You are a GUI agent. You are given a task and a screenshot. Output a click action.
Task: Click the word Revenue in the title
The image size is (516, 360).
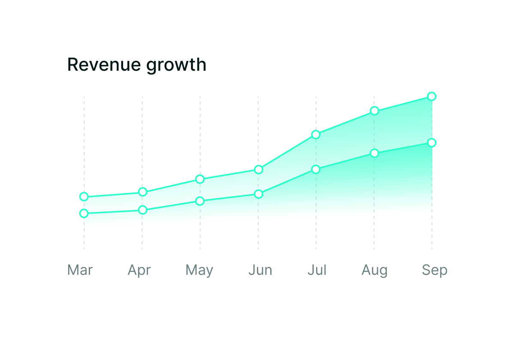click(x=104, y=65)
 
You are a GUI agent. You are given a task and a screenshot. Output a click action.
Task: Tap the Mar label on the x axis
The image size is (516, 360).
click(x=80, y=270)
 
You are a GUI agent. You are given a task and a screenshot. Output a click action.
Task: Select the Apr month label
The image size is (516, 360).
click(x=139, y=270)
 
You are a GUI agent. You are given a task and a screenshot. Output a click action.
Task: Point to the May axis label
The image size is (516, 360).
click(x=199, y=270)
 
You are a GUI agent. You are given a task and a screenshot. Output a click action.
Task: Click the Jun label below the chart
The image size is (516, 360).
click(x=260, y=270)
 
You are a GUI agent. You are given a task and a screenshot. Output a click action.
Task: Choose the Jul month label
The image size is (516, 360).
click(x=317, y=270)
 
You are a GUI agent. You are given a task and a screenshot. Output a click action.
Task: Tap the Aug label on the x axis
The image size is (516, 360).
click(x=374, y=270)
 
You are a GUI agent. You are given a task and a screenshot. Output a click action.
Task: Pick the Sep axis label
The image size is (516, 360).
click(x=435, y=270)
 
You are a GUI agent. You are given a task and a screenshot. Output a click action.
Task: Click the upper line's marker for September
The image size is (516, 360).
click(x=432, y=96)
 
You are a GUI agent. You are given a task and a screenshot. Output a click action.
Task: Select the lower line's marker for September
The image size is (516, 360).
click(x=432, y=143)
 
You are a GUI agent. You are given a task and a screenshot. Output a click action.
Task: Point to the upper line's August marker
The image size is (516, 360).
click(x=374, y=111)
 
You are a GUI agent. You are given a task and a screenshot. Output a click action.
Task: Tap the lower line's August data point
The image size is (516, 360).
click(x=374, y=153)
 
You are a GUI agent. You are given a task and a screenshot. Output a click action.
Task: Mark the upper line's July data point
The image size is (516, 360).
click(x=316, y=135)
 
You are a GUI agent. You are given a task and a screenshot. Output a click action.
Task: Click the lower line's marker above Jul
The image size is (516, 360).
click(x=316, y=169)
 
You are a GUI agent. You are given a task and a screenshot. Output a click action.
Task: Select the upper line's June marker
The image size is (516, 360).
click(x=258, y=170)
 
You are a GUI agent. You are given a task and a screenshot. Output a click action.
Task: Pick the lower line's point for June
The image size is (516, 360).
click(x=258, y=194)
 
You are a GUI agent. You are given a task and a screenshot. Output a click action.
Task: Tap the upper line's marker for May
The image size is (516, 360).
click(x=200, y=179)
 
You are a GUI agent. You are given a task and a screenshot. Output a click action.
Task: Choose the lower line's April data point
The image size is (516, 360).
click(x=143, y=210)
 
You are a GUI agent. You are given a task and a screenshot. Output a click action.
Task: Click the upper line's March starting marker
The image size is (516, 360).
click(x=84, y=197)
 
